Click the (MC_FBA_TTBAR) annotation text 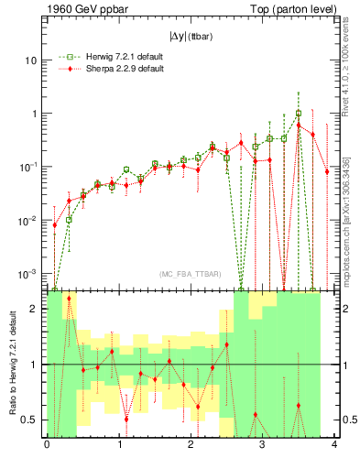[x=190, y=275]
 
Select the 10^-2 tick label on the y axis [x=31, y=221]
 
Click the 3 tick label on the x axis [x=262, y=446]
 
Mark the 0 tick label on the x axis [x=47, y=446]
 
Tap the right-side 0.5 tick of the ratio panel [x=349, y=420]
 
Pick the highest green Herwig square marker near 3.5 [x=299, y=114]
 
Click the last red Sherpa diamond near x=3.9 [x=327, y=171]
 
